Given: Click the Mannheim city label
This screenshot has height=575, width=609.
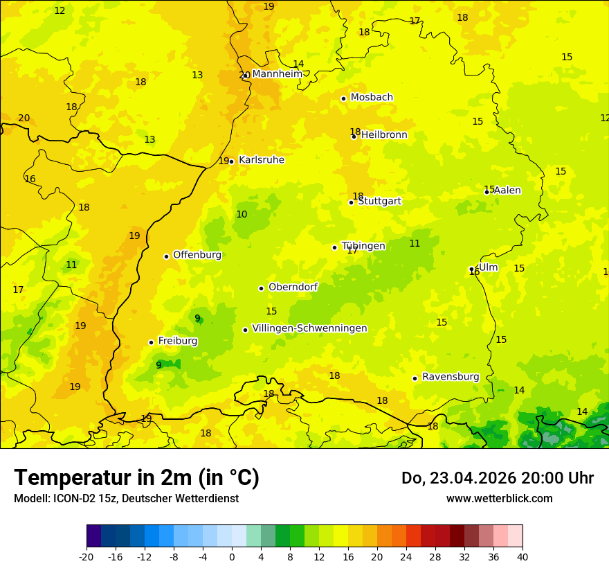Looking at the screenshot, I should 277,74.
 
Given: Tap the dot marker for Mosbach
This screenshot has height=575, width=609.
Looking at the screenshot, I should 343,98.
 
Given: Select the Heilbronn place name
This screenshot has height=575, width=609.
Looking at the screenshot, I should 384,135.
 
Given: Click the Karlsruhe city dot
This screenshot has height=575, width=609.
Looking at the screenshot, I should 231,161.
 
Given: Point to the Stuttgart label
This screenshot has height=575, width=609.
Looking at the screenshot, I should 379,201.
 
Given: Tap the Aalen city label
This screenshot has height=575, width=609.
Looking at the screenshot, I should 507,191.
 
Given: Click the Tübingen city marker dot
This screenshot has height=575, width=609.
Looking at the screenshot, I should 334,247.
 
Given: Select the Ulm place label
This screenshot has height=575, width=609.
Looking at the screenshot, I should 488,267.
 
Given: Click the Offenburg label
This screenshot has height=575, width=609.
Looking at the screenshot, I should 197,255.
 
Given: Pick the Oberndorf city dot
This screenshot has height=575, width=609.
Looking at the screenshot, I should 261,288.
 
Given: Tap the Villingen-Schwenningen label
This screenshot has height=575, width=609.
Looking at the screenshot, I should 309,328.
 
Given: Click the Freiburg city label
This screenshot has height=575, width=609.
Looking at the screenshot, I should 177,341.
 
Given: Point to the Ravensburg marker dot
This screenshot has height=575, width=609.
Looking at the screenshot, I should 415,378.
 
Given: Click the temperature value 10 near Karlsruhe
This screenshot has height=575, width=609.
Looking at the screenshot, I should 242,215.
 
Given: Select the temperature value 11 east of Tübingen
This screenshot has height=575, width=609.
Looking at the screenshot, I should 415,243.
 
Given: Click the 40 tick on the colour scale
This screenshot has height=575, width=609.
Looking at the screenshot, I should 522,556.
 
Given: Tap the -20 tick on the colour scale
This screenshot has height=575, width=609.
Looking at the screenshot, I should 87,556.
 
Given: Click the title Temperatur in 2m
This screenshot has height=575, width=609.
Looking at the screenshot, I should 136,478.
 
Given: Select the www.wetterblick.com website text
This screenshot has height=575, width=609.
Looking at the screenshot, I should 499,499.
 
